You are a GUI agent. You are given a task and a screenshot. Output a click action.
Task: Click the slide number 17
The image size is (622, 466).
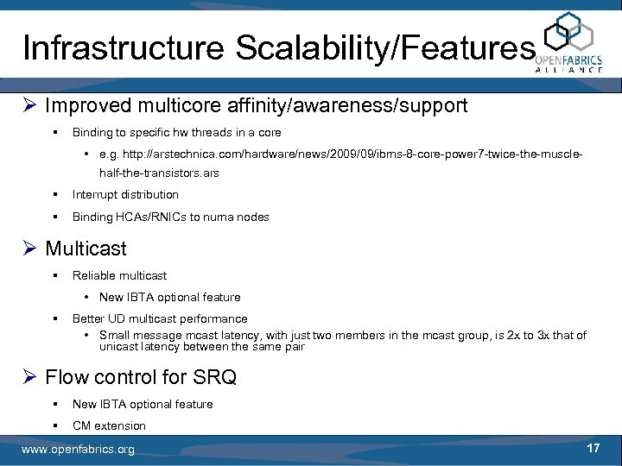tap(593, 449)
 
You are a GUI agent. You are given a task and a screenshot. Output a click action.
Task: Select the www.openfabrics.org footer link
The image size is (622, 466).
tap(78, 450)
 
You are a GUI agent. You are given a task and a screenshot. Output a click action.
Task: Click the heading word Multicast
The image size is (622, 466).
tap(86, 249)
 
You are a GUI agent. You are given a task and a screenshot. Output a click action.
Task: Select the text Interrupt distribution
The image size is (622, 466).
tap(125, 194)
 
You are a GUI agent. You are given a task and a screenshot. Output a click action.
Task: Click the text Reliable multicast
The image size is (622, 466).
tap(119, 275)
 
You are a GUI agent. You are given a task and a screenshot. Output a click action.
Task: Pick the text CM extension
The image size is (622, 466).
tap(109, 425)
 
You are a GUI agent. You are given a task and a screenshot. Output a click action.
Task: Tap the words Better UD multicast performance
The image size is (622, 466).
tap(160, 318)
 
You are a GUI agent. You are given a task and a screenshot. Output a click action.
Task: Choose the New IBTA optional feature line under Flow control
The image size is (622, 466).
tap(143, 404)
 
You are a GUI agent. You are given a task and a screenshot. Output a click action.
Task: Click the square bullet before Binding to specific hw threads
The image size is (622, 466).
tap(54, 133)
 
